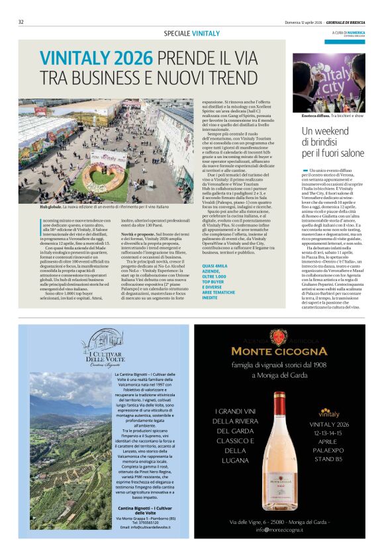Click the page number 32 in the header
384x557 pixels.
21,22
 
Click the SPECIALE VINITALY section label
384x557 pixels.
191,33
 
